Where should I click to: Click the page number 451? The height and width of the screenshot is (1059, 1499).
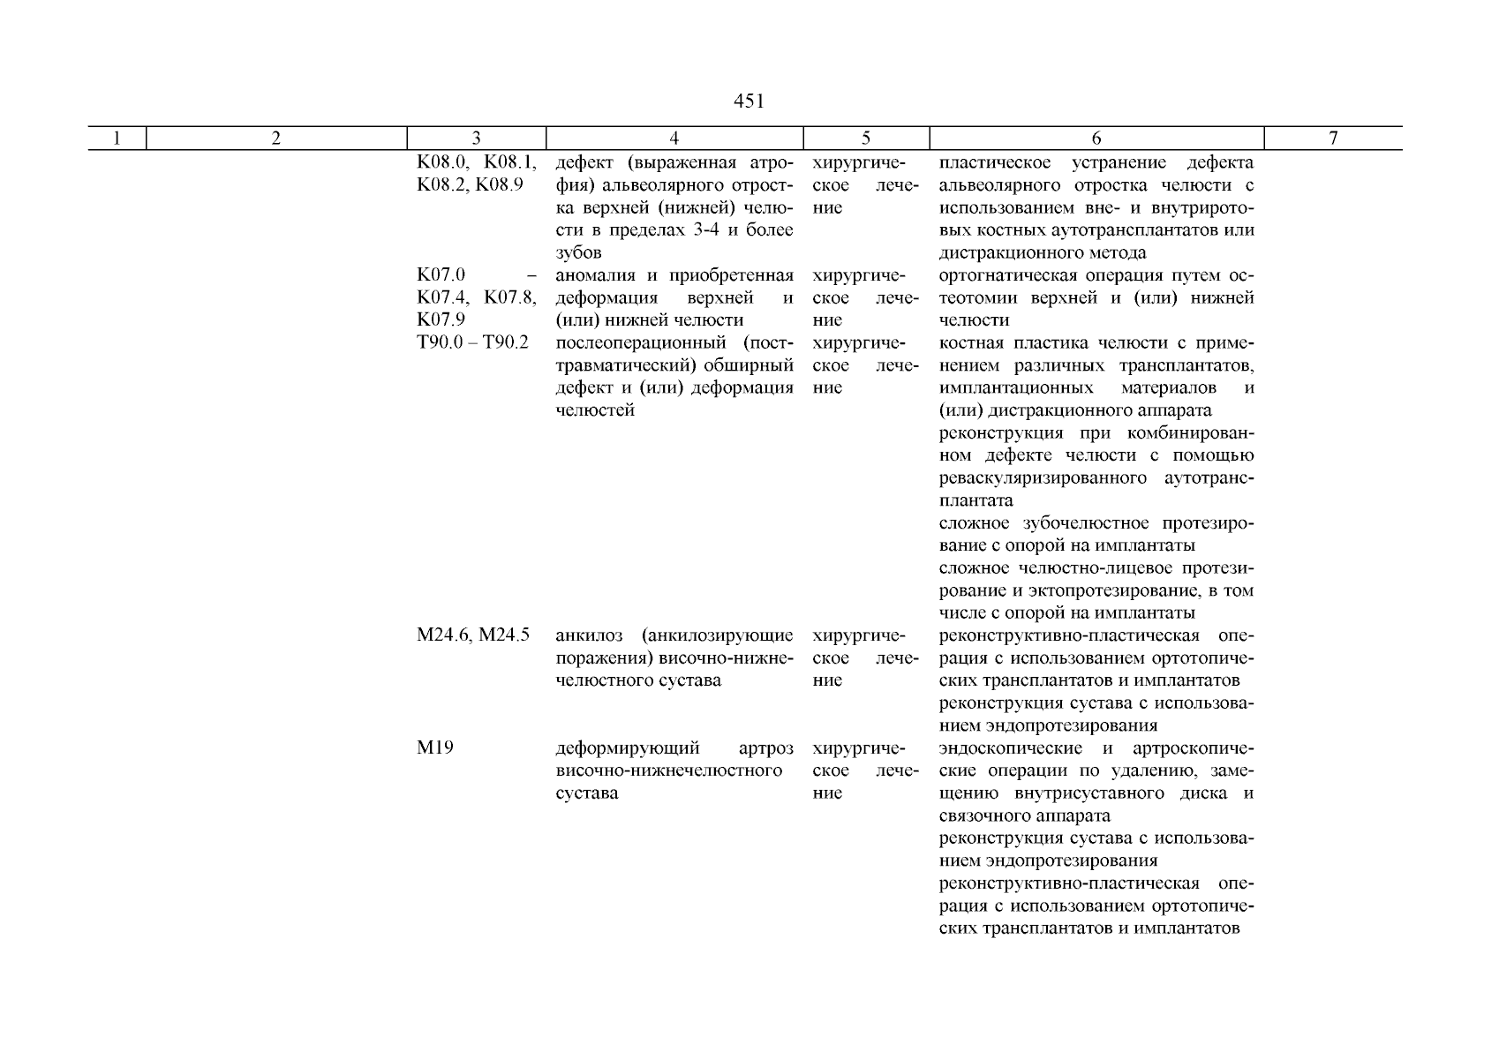tap(749, 101)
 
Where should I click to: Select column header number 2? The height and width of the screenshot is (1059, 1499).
tap(275, 138)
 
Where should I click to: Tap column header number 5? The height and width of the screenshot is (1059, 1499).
tap(866, 138)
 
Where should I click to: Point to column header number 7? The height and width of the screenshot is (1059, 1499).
tap(1333, 138)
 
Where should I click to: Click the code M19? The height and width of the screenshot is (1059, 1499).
tap(435, 748)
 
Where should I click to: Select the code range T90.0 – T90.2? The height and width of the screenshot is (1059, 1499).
tap(472, 342)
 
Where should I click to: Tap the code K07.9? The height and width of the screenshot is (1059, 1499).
tap(441, 319)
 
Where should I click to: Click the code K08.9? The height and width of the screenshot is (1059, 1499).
tap(500, 185)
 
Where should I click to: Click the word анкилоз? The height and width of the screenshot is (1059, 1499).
tap(589, 635)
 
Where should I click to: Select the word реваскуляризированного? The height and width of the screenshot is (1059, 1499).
tap(1043, 478)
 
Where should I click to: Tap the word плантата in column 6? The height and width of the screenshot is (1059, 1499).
tap(976, 500)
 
